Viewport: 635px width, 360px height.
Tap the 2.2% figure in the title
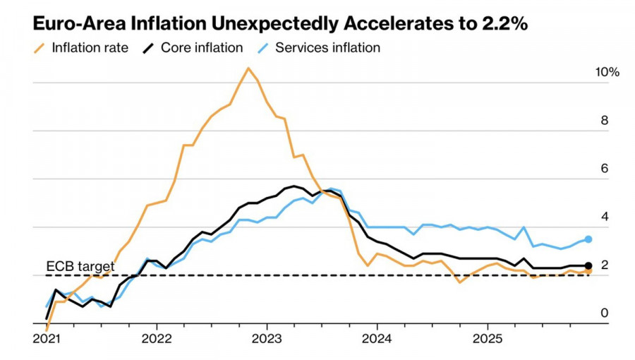[502, 24]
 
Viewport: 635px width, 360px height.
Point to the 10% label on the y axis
[607, 73]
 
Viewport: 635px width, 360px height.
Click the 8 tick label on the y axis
[604, 121]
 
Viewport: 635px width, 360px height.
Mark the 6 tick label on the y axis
[604, 169]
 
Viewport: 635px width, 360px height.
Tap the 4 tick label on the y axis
[604, 217]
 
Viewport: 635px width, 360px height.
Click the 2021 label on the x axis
[47, 338]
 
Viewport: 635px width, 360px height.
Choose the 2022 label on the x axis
[157, 338]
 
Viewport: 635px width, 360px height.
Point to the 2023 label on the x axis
[267, 338]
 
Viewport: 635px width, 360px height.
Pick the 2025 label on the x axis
[486, 338]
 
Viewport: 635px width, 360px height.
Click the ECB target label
[80, 266]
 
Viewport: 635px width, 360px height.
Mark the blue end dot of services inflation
[588, 239]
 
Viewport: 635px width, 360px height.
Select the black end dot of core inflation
[588, 266]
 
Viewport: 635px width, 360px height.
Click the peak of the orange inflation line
[248, 68]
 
